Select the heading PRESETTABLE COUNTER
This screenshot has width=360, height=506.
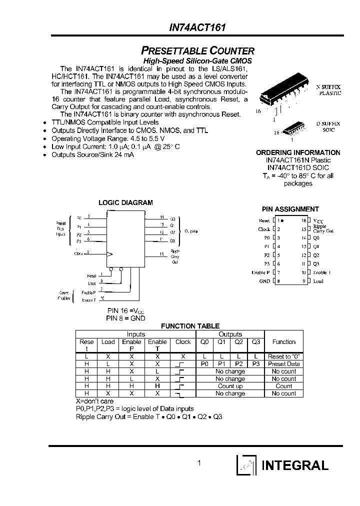198,50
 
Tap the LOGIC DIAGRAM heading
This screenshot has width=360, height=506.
125,202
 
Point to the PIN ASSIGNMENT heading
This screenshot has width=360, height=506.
290,209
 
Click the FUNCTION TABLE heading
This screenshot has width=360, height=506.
190,326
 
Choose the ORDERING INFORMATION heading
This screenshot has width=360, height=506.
298,152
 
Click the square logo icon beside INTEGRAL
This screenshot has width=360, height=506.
246,465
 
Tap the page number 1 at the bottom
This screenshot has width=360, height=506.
199,463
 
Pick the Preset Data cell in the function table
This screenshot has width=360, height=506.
284,364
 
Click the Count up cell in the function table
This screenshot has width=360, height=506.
230,386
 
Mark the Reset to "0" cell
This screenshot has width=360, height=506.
284,356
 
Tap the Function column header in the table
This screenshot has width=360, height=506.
284,342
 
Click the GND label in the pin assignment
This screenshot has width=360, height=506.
264,281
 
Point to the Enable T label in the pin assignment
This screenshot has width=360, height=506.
322,272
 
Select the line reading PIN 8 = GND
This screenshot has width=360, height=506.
125,318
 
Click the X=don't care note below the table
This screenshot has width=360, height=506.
94,401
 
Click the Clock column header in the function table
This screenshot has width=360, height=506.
183,342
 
